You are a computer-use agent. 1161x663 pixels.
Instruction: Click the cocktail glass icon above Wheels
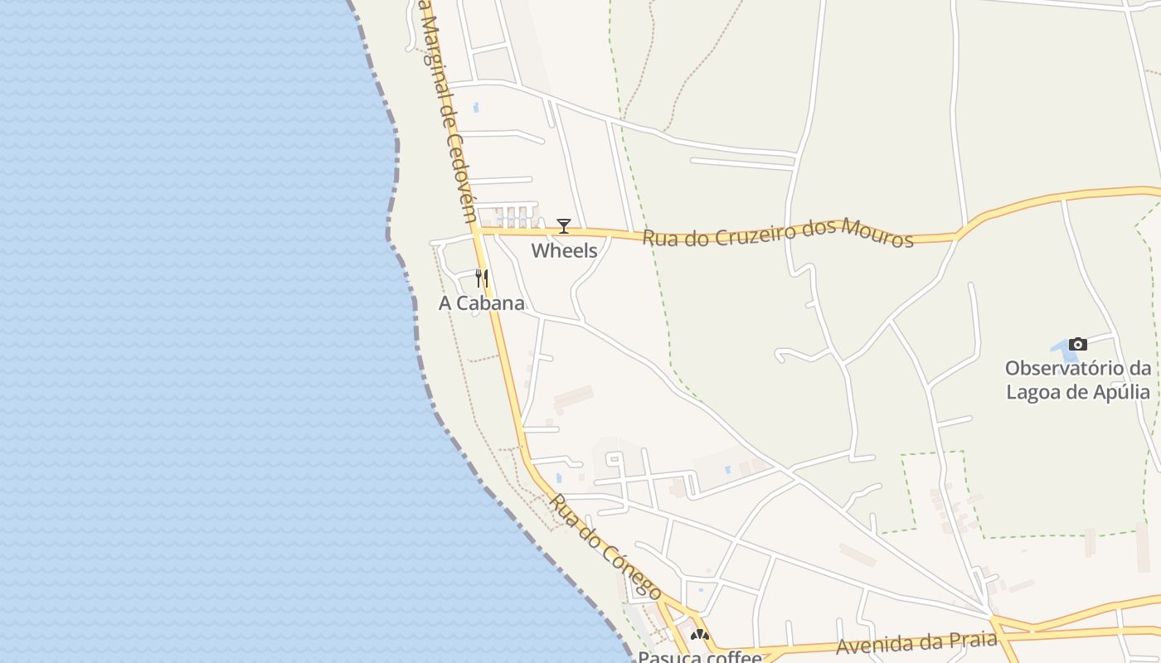point(564,225)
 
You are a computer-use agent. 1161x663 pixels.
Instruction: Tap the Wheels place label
point(564,250)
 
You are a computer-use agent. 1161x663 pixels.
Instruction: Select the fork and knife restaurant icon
point(481,278)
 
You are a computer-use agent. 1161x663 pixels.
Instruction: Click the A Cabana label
point(481,303)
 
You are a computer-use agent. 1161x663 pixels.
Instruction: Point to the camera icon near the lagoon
point(1077,344)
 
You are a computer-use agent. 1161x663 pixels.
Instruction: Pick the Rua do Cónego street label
point(606,547)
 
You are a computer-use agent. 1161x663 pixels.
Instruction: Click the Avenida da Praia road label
point(916,642)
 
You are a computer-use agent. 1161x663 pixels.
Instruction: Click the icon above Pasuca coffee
point(700,636)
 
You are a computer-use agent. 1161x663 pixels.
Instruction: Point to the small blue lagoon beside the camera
point(1059,346)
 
